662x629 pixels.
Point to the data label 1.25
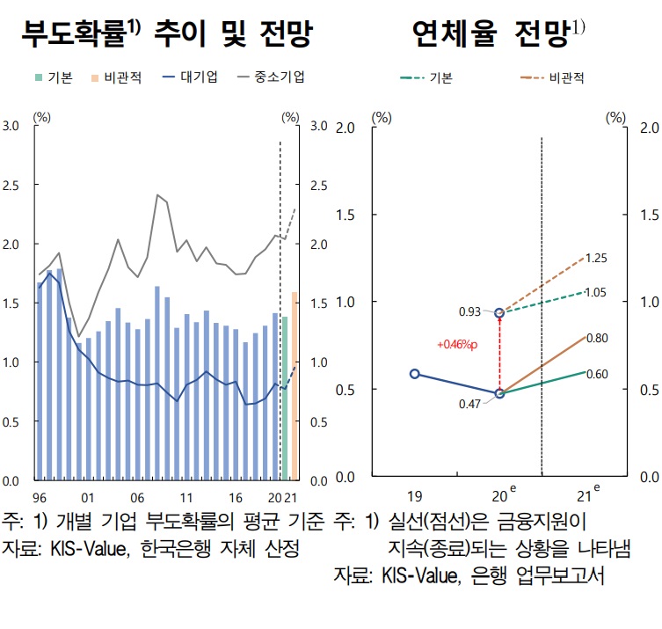(597, 258)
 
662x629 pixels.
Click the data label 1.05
(597, 292)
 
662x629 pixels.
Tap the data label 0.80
(597, 338)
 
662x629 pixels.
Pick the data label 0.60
(597, 374)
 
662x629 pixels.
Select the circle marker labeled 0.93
(499, 313)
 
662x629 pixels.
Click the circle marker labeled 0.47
(499, 394)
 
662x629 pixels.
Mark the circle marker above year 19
(414, 373)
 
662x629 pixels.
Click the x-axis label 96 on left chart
(40, 497)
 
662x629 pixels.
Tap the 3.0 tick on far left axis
(11, 126)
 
